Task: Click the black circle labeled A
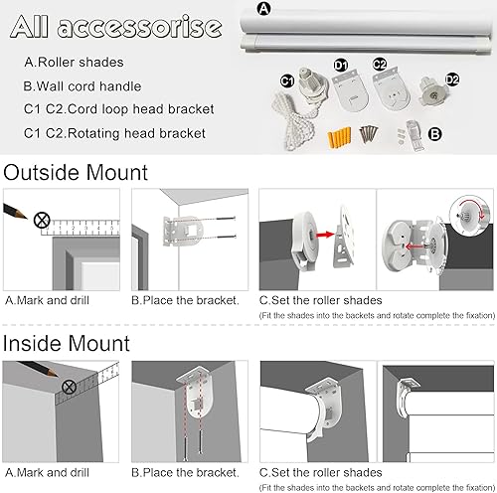click(262, 9)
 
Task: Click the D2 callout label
click(453, 79)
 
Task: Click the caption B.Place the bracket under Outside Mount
click(185, 299)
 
